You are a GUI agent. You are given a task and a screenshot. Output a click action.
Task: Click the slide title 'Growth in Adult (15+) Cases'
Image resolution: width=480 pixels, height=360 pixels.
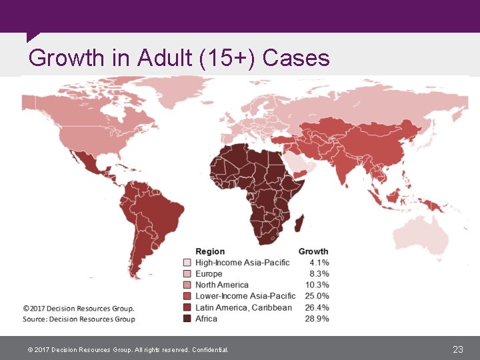179,58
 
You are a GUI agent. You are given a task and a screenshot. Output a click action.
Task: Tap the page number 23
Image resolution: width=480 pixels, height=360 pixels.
457,349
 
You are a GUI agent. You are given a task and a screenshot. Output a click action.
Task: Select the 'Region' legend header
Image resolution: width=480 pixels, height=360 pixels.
210,251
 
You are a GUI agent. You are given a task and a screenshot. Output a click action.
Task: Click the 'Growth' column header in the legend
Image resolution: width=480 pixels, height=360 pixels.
313,251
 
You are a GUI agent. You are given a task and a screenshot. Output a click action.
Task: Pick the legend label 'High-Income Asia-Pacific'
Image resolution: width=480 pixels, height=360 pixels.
242,263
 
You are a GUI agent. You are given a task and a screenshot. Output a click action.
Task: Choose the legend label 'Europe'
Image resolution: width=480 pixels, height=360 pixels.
209,274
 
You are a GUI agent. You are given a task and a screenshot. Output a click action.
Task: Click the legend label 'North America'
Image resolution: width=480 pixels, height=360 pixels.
222,285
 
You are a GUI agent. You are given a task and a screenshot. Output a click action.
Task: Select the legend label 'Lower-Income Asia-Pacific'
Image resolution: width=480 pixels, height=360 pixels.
245,296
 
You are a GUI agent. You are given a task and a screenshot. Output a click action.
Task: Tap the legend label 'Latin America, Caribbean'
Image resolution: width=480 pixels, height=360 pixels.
243,307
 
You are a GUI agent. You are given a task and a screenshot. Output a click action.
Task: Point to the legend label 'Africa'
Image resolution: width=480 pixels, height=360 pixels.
206,319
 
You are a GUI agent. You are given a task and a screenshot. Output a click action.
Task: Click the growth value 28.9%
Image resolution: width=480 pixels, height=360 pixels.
317,319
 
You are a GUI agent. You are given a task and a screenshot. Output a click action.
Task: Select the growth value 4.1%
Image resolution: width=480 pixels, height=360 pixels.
319,263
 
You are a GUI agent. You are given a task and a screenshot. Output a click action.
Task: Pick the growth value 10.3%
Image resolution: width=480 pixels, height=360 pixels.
317,285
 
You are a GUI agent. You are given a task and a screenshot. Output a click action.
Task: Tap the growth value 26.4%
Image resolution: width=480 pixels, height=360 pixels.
317,307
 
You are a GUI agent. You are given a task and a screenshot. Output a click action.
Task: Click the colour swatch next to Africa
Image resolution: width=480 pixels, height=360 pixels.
187,319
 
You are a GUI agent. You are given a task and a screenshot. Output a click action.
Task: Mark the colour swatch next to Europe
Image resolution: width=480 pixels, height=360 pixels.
187,274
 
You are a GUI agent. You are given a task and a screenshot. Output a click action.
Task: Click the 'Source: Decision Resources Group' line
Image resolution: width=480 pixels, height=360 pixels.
79,319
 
